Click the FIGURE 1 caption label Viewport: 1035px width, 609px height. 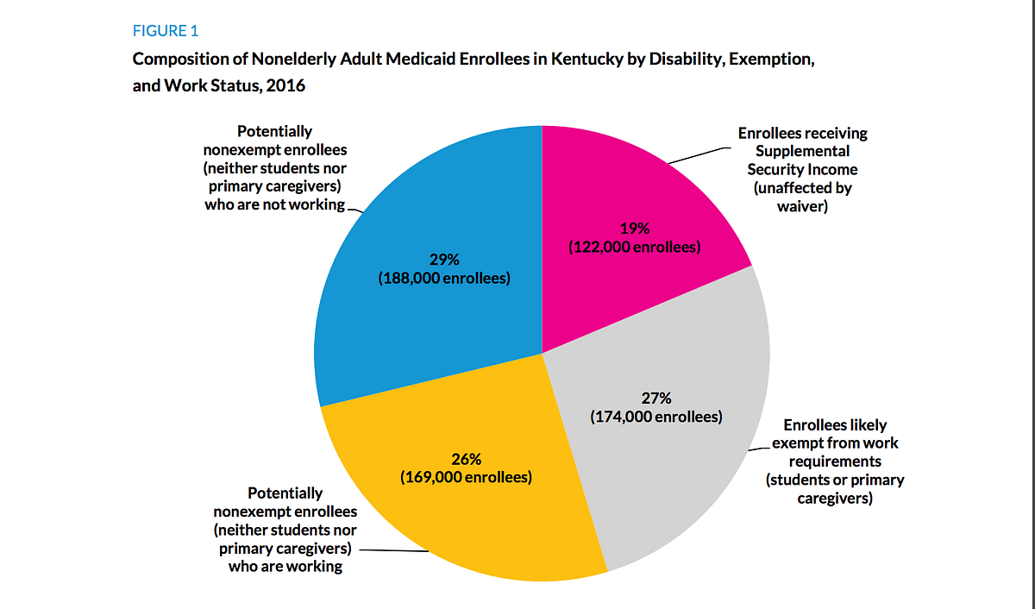165,31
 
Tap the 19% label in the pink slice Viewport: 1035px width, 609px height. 634,229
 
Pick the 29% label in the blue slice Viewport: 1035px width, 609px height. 444,260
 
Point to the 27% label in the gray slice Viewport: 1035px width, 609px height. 655,399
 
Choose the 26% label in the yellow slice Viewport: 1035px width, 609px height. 466,458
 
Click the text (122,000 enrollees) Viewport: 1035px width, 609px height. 634,248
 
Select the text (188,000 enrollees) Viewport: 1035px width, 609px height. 444,279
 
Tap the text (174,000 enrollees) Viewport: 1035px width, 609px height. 655,418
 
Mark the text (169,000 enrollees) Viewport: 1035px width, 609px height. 466,477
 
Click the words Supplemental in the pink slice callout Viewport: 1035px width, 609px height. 802,152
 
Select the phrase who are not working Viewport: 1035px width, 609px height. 274,205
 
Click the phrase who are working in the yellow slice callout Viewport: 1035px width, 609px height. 285,567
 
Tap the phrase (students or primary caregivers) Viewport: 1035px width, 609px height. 835,489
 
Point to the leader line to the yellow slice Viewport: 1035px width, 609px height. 392,551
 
